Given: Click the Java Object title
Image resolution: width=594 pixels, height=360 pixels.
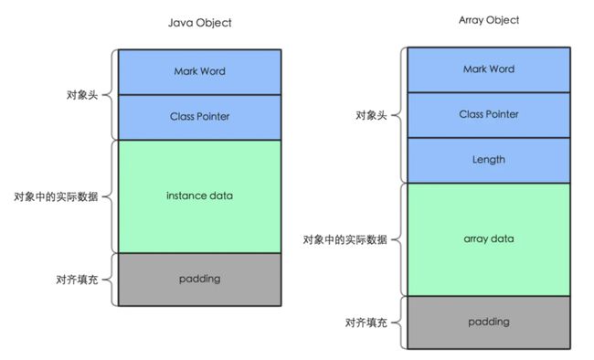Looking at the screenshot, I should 200,23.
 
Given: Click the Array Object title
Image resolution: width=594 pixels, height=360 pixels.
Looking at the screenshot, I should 489,19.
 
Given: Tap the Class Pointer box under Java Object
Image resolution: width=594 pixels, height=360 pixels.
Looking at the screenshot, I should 199,117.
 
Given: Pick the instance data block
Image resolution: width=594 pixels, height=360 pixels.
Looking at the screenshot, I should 199,196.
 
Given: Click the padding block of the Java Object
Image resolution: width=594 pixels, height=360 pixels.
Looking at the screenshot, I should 199,279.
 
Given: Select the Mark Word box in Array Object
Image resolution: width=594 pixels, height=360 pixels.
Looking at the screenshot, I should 489,69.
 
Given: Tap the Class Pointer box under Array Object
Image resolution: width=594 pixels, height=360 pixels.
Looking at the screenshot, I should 489,115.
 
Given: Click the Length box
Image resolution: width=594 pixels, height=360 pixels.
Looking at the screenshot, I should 489,160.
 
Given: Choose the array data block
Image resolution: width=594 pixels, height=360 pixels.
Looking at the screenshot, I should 489,238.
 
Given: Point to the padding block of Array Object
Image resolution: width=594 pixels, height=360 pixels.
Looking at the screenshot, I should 489,322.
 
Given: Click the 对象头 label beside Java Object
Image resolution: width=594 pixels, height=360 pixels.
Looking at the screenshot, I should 81,93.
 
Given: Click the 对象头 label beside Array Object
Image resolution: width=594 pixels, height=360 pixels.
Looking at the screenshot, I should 371,116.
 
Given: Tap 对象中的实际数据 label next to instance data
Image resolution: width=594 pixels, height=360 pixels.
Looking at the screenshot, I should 56,196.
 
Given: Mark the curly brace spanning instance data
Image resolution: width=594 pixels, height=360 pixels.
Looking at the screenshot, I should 113,196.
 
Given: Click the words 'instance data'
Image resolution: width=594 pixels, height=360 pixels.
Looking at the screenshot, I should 199,196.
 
